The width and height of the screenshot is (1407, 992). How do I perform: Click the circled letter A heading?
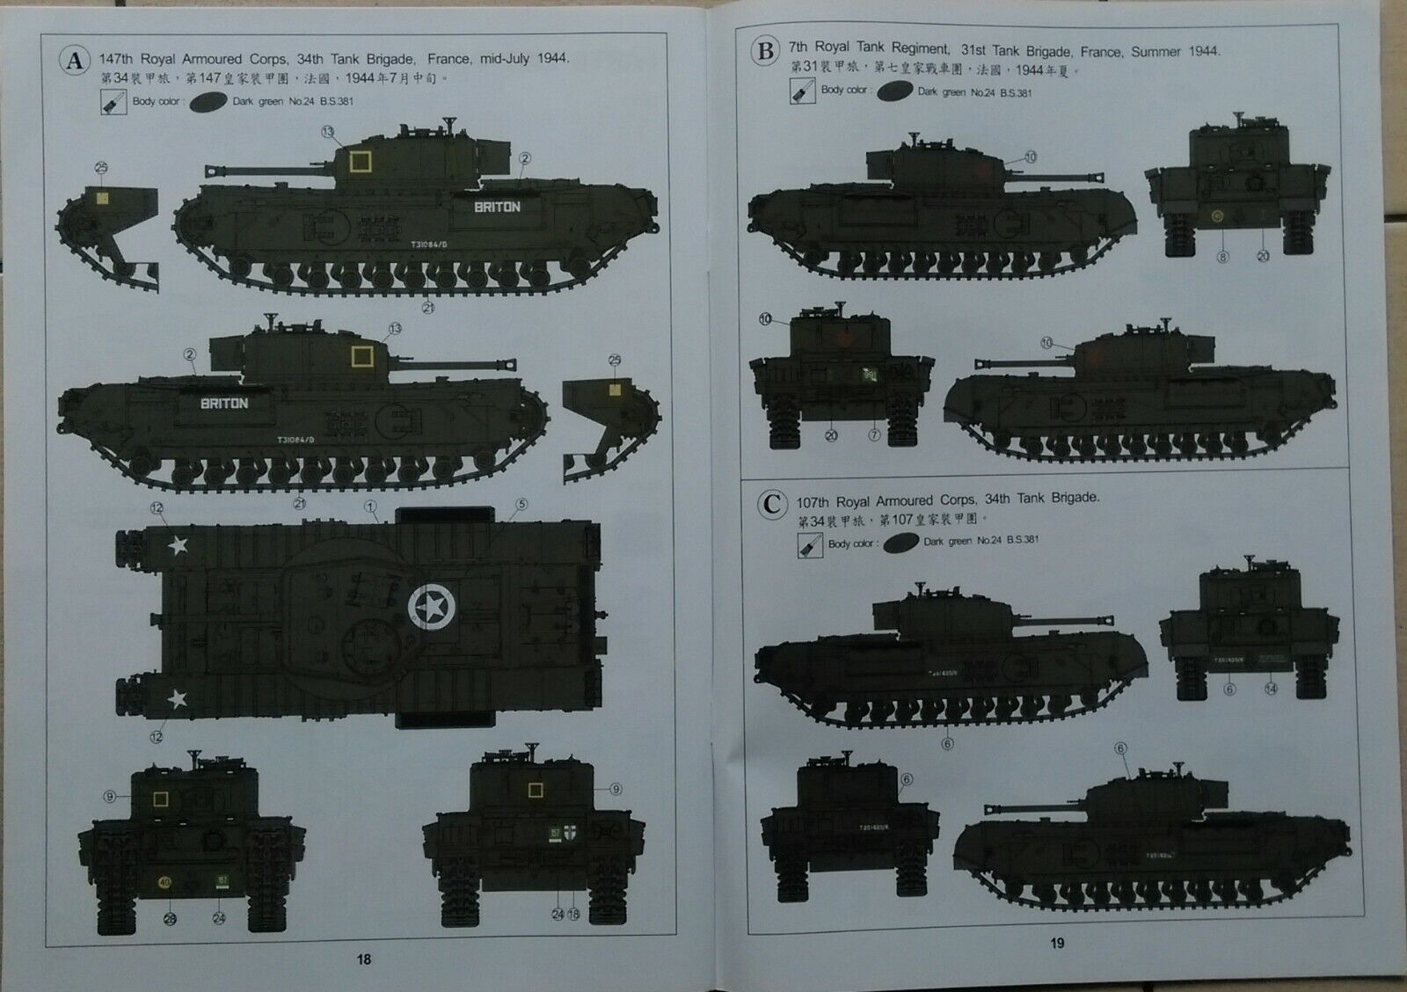(x=75, y=60)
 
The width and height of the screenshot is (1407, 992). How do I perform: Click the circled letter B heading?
(x=765, y=52)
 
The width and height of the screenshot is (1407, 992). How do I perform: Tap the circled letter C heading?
(x=771, y=505)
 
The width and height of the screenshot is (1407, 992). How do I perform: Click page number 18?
(x=363, y=959)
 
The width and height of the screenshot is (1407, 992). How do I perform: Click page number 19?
(x=1057, y=943)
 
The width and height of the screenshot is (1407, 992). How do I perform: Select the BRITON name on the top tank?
(x=497, y=208)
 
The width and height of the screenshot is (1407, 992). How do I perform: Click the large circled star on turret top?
(x=431, y=607)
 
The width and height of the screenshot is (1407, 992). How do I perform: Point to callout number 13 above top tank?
(x=328, y=132)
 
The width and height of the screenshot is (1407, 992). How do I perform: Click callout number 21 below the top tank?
(x=428, y=308)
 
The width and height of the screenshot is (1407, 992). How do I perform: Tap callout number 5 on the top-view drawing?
(x=521, y=505)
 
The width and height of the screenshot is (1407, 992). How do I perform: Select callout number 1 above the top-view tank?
(x=370, y=507)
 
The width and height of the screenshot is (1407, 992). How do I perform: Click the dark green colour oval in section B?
(x=894, y=91)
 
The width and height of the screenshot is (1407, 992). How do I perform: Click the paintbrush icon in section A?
(x=113, y=102)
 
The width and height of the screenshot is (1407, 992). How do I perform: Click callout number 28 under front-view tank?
(x=170, y=919)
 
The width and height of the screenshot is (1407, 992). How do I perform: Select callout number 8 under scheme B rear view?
(x=1221, y=257)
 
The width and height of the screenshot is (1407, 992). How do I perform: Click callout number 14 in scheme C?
(x=1270, y=689)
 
